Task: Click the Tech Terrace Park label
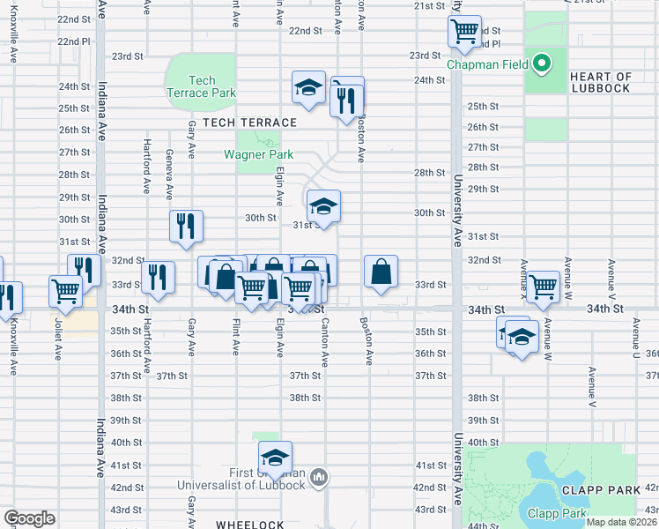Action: point(201,86)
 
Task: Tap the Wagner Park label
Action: point(258,155)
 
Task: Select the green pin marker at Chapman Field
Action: point(544,64)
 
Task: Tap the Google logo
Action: point(29,518)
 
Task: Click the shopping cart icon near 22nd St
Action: point(464,31)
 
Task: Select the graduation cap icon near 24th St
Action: point(309,87)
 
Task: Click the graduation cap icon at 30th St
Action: point(323,207)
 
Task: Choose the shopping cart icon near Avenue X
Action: point(543,287)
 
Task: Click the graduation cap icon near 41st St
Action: point(275,458)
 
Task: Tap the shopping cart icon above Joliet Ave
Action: point(67,289)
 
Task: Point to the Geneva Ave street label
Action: point(168,175)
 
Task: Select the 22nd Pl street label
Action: point(74,41)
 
